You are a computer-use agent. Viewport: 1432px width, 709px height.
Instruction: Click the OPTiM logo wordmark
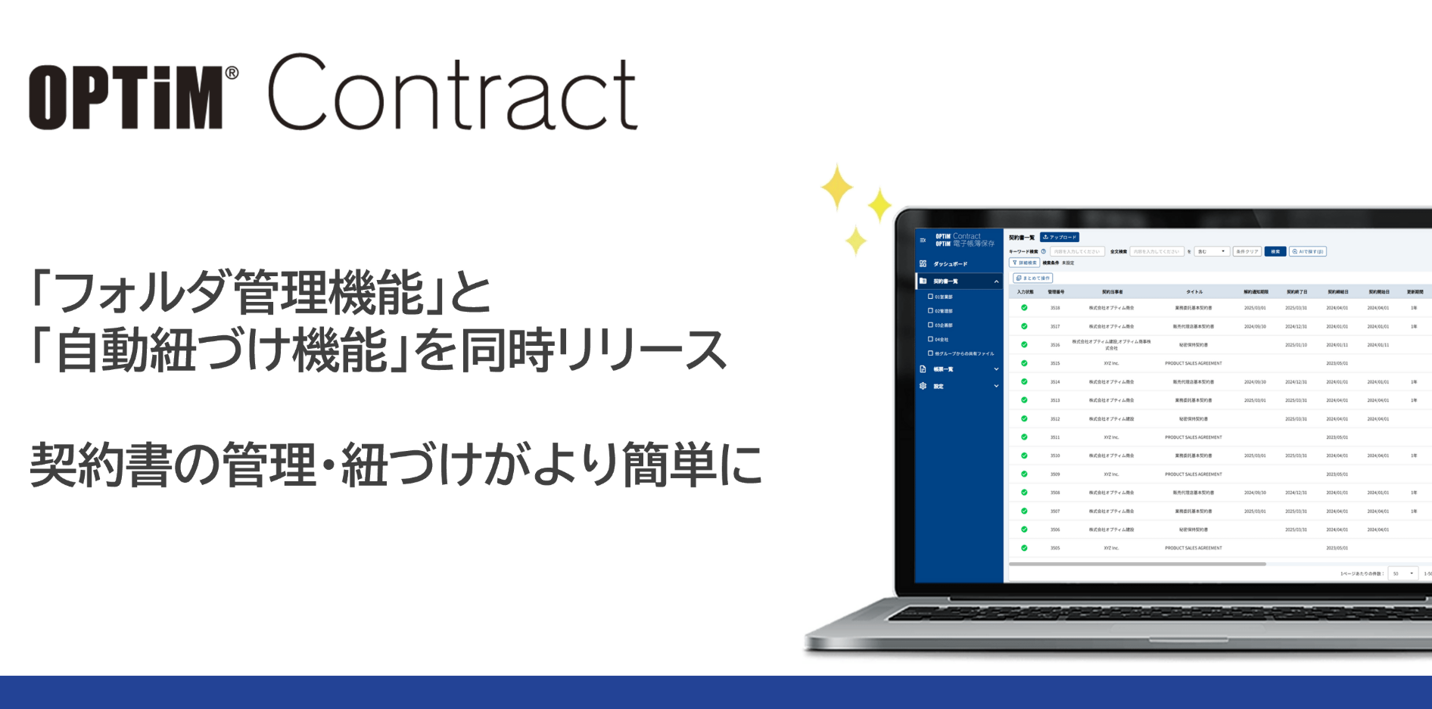point(126,97)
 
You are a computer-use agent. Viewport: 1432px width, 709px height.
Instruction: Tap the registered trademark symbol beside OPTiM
point(232,73)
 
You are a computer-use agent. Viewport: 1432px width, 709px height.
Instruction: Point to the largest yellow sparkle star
point(837,187)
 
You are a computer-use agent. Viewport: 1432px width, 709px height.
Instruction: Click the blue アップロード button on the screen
point(1060,238)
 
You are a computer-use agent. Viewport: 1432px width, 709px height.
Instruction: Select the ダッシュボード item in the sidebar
point(950,264)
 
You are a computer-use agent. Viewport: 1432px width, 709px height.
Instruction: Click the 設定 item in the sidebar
point(939,387)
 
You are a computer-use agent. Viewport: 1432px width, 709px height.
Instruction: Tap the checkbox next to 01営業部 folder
point(930,297)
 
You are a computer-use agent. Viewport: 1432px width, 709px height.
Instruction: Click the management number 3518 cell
point(1055,308)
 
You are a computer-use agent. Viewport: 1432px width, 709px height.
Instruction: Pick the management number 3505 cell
point(1055,548)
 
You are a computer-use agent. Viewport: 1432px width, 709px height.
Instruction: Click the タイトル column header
point(1194,291)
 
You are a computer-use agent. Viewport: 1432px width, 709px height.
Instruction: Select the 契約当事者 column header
point(1112,291)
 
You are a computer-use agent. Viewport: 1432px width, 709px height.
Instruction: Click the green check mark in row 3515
point(1024,363)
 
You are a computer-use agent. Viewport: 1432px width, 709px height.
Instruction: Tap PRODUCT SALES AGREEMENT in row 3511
point(1194,437)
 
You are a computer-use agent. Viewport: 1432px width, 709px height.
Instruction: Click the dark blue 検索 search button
point(1275,252)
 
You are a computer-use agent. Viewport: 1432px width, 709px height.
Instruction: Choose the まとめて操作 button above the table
point(1033,278)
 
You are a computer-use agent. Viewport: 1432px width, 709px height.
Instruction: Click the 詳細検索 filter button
point(1025,263)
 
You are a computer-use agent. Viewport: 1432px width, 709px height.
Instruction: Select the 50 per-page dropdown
point(1403,574)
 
